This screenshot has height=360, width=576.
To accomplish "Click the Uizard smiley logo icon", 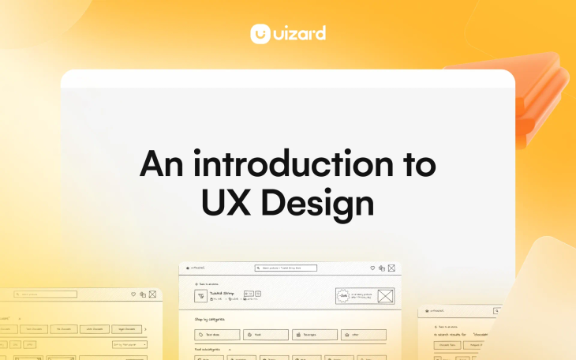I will (x=261, y=34).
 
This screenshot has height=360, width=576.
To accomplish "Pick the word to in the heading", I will (x=414, y=165).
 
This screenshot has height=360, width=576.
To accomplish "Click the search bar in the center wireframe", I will (x=286, y=268).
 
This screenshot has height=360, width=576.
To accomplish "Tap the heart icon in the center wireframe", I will (x=371, y=268).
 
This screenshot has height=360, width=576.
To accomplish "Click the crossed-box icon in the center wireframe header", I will (x=394, y=268).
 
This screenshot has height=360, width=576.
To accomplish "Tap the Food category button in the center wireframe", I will (x=265, y=335).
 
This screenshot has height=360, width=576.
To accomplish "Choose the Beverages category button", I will (x=314, y=335).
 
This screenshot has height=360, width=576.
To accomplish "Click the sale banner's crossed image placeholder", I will (x=385, y=297).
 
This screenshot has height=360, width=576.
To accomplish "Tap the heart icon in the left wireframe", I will (x=133, y=294).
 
